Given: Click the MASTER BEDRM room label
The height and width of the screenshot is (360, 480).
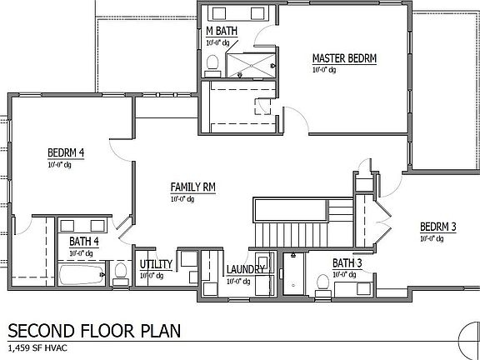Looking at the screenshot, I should (x=344, y=58).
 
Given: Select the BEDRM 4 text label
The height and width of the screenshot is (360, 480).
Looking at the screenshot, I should (x=66, y=153).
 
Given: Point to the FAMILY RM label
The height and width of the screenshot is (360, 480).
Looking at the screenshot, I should (x=193, y=187).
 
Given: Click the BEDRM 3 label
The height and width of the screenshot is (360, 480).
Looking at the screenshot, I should (x=438, y=227).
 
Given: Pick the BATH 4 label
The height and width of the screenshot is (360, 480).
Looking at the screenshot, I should (x=85, y=242).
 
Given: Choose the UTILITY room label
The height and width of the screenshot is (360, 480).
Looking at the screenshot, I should (x=156, y=264).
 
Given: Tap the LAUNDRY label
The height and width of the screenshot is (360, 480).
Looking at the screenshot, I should (x=246, y=270).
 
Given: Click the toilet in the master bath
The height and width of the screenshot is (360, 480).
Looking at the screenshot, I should (x=212, y=62).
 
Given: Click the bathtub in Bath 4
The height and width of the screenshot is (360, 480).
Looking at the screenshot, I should (x=82, y=273).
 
